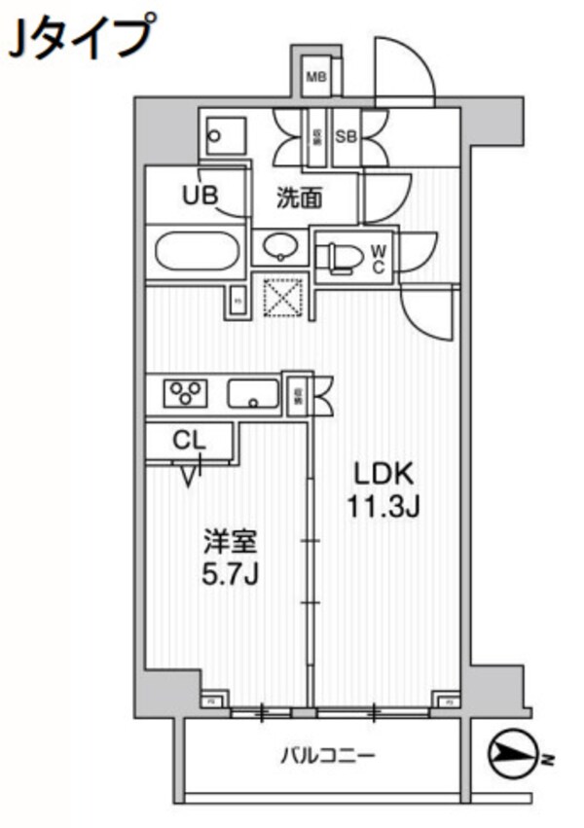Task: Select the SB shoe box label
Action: click(x=346, y=137)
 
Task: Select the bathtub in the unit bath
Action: click(x=198, y=253)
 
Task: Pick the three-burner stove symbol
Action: click(x=188, y=392)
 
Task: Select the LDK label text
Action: click(x=384, y=475)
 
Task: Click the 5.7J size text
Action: click(x=230, y=574)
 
